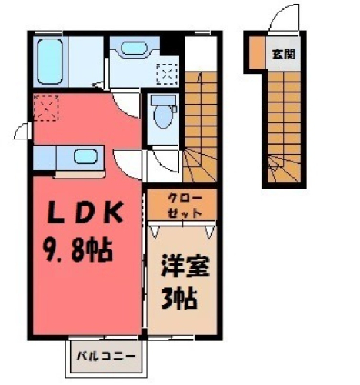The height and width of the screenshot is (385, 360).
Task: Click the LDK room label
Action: tap(85, 213)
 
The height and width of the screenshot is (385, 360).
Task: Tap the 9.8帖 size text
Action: tap(78, 250)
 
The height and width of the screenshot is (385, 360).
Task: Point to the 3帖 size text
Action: tap(179, 299)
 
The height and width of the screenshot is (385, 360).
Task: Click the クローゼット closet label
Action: tap(185, 206)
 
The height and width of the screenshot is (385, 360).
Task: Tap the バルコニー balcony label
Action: tap(106, 357)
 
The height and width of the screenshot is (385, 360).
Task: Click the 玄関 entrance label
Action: tap(284, 54)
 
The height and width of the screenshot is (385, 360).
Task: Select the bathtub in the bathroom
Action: tap(50, 62)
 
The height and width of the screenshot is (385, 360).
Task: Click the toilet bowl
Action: tap(163, 117)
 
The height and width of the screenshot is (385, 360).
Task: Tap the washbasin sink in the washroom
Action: tap(134, 48)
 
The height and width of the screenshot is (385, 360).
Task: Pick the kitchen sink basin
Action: tap(86, 156)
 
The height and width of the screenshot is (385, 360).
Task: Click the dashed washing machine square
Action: tap(167, 74)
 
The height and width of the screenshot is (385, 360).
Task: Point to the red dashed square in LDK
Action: tap(46, 108)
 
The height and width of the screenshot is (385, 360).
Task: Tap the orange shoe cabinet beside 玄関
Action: tap(257, 53)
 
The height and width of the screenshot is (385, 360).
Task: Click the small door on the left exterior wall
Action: tap(22, 131)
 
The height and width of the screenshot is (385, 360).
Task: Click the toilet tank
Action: tap(163, 100)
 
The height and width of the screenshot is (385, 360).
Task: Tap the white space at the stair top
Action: tap(201, 54)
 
